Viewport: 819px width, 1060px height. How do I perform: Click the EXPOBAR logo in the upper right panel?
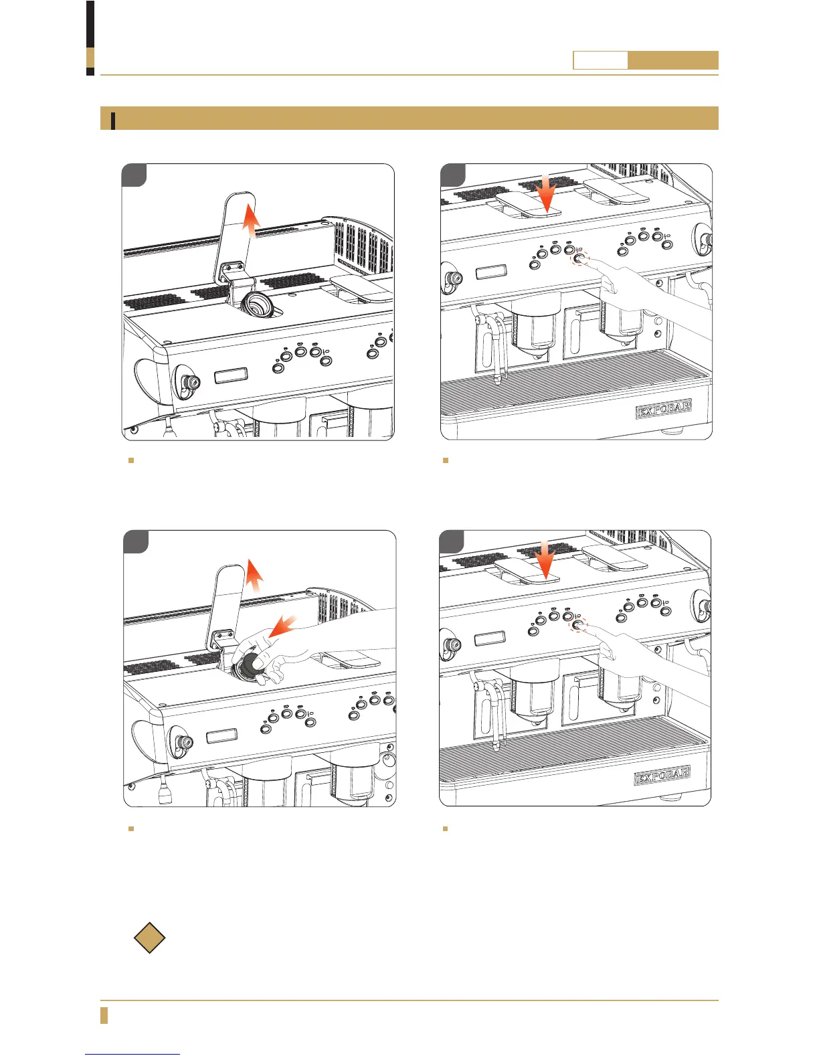(663, 410)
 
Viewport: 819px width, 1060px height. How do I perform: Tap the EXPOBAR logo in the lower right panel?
(662, 775)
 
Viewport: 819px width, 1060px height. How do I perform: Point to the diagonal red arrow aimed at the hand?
(283, 626)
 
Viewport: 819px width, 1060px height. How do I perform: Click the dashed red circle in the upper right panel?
(580, 258)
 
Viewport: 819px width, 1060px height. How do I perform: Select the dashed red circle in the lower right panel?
(579, 625)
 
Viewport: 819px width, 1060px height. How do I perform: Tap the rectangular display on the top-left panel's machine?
(231, 375)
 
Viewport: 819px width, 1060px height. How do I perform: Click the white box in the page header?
(600, 60)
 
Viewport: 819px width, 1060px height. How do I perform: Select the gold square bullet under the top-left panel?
(130, 460)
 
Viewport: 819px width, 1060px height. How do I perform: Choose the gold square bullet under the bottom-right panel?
(445, 828)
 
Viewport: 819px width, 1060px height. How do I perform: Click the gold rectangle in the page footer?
(104, 1015)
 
